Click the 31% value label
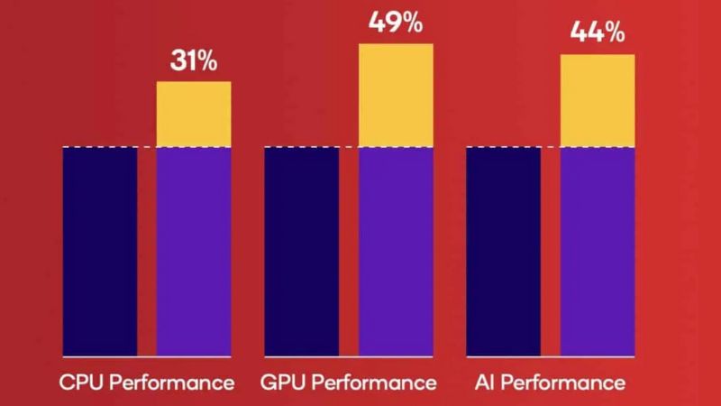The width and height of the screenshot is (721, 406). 194,61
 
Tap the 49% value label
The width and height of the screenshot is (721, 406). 395,23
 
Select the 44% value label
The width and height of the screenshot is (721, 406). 597,34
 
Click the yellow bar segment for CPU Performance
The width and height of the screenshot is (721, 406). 194,114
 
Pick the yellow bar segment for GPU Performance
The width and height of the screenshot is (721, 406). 396,95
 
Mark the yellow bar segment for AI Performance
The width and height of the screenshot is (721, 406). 598,100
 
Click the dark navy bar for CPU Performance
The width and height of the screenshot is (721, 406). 99,251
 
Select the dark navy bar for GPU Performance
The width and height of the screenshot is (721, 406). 301,251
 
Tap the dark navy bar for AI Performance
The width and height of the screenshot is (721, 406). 503,251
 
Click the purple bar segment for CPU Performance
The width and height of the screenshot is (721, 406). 194,251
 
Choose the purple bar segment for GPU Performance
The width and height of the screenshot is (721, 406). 396,251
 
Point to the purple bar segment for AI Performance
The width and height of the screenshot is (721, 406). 598,251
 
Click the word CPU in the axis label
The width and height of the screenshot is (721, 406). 78,383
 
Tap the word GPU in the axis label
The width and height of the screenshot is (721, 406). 281,383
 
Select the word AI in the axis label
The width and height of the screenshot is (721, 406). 485,383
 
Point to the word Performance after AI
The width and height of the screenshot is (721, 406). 563,383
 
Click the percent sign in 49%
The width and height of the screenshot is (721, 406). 411,23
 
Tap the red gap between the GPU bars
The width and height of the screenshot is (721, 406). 349,251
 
